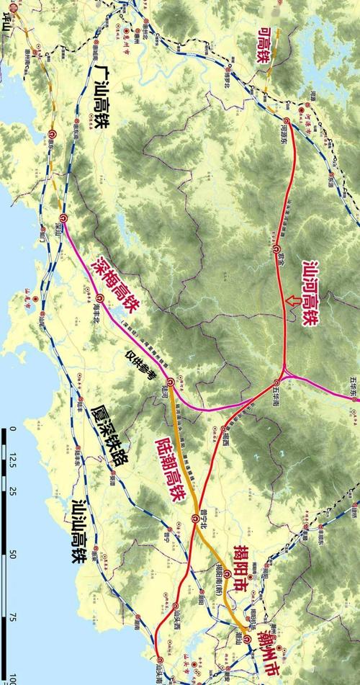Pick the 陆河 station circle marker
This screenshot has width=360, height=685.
(170, 381)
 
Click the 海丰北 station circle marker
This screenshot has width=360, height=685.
(99, 297)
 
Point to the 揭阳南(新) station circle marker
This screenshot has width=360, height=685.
(226, 574)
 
